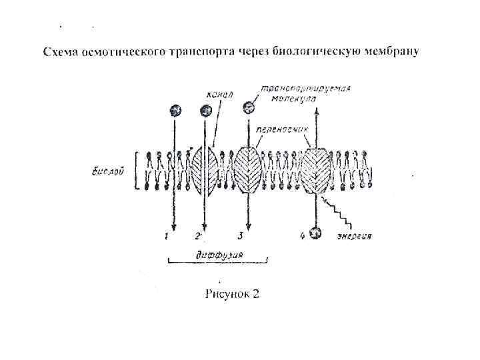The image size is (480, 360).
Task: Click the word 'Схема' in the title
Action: pos(61,52)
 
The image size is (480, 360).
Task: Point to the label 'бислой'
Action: pos(106,171)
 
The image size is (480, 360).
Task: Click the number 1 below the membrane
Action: pos(167,235)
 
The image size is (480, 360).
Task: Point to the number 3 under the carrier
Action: pos(240,235)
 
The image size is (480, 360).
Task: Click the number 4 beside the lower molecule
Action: pos(302,235)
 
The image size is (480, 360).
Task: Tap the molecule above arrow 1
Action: pos(175,110)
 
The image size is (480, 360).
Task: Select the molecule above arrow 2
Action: pos(203,110)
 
